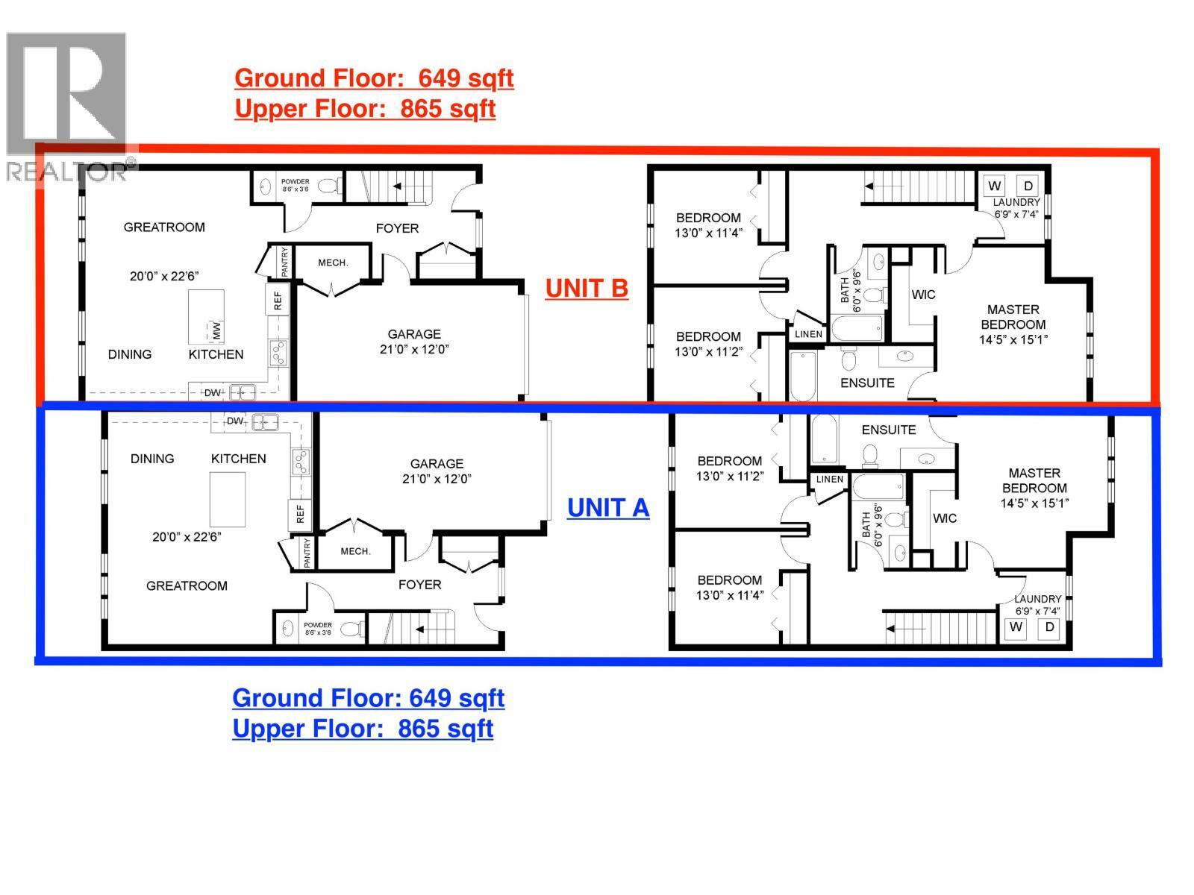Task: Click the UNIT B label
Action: [x=587, y=288]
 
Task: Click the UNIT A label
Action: [x=608, y=507]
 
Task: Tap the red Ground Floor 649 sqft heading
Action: [x=374, y=78]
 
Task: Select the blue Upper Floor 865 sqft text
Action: [x=363, y=728]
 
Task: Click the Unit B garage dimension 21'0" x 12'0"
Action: [x=414, y=349]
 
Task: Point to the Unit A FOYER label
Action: [x=419, y=585]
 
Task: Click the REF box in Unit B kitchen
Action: [x=278, y=301]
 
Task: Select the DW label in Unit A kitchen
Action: [x=235, y=421]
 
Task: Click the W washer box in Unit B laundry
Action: [x=995, y=186]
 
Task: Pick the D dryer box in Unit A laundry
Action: [x=1049, y=627]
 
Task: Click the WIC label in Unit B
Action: [x=923, y=295]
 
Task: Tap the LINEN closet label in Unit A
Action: [x=830, y=480]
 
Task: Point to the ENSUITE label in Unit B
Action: [x=867, y=383]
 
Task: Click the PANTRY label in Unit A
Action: [x=307, y=553]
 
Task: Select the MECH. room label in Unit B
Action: [x=333, y=263]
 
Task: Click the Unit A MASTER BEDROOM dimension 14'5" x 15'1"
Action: [x=1034, y=503]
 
